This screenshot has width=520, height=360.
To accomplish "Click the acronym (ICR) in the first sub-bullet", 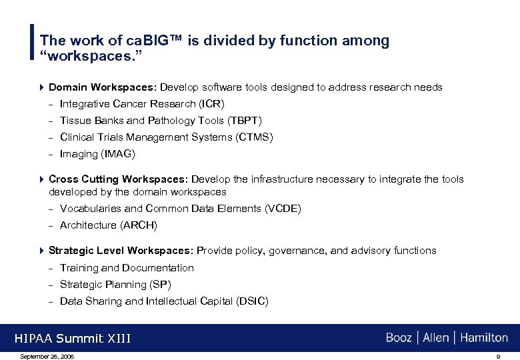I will pyautogui.click(x=213, y=104).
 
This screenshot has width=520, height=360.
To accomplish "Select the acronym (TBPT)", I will pyautogui.click(x=245, y=121).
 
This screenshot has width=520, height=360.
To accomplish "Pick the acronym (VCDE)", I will pyautogui.click(x=283, y=209).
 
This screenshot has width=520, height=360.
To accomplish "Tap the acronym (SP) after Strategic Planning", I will pyautogui.click(x=161, y=285).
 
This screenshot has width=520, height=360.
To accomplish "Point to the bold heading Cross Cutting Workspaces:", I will pyautogui.click(x=119, y=179).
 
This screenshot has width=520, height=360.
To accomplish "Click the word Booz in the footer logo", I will pyautogui.click(x=399, y=338).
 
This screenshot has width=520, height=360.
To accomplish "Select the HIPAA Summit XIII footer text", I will pyautogui.click(x=72, y=339).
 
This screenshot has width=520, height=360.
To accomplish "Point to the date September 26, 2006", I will pyautogui.click(x=47, y=357).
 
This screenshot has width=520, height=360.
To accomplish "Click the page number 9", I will pyautogui.click(x=498, y=357).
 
